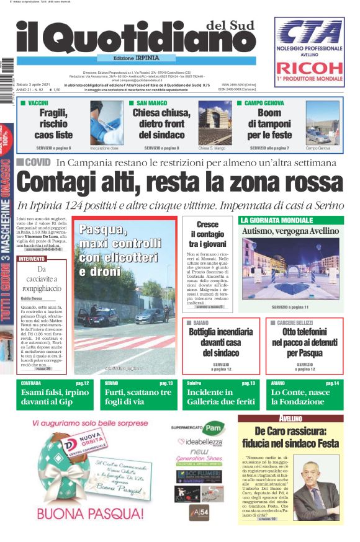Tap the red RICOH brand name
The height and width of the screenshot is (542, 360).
point(309,68)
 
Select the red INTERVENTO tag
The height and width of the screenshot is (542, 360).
point(32,259)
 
